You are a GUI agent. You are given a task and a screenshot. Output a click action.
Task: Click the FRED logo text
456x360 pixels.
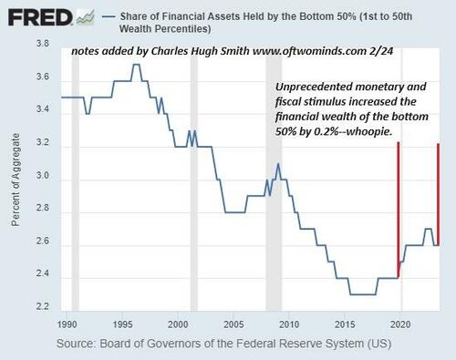33,16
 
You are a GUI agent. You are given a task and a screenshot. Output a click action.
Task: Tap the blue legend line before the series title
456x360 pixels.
112,16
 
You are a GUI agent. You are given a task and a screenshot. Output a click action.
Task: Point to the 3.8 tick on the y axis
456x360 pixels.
43,44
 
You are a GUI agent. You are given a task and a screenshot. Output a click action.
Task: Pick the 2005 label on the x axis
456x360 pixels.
233,324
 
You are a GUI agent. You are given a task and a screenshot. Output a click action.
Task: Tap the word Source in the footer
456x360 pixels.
76,345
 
